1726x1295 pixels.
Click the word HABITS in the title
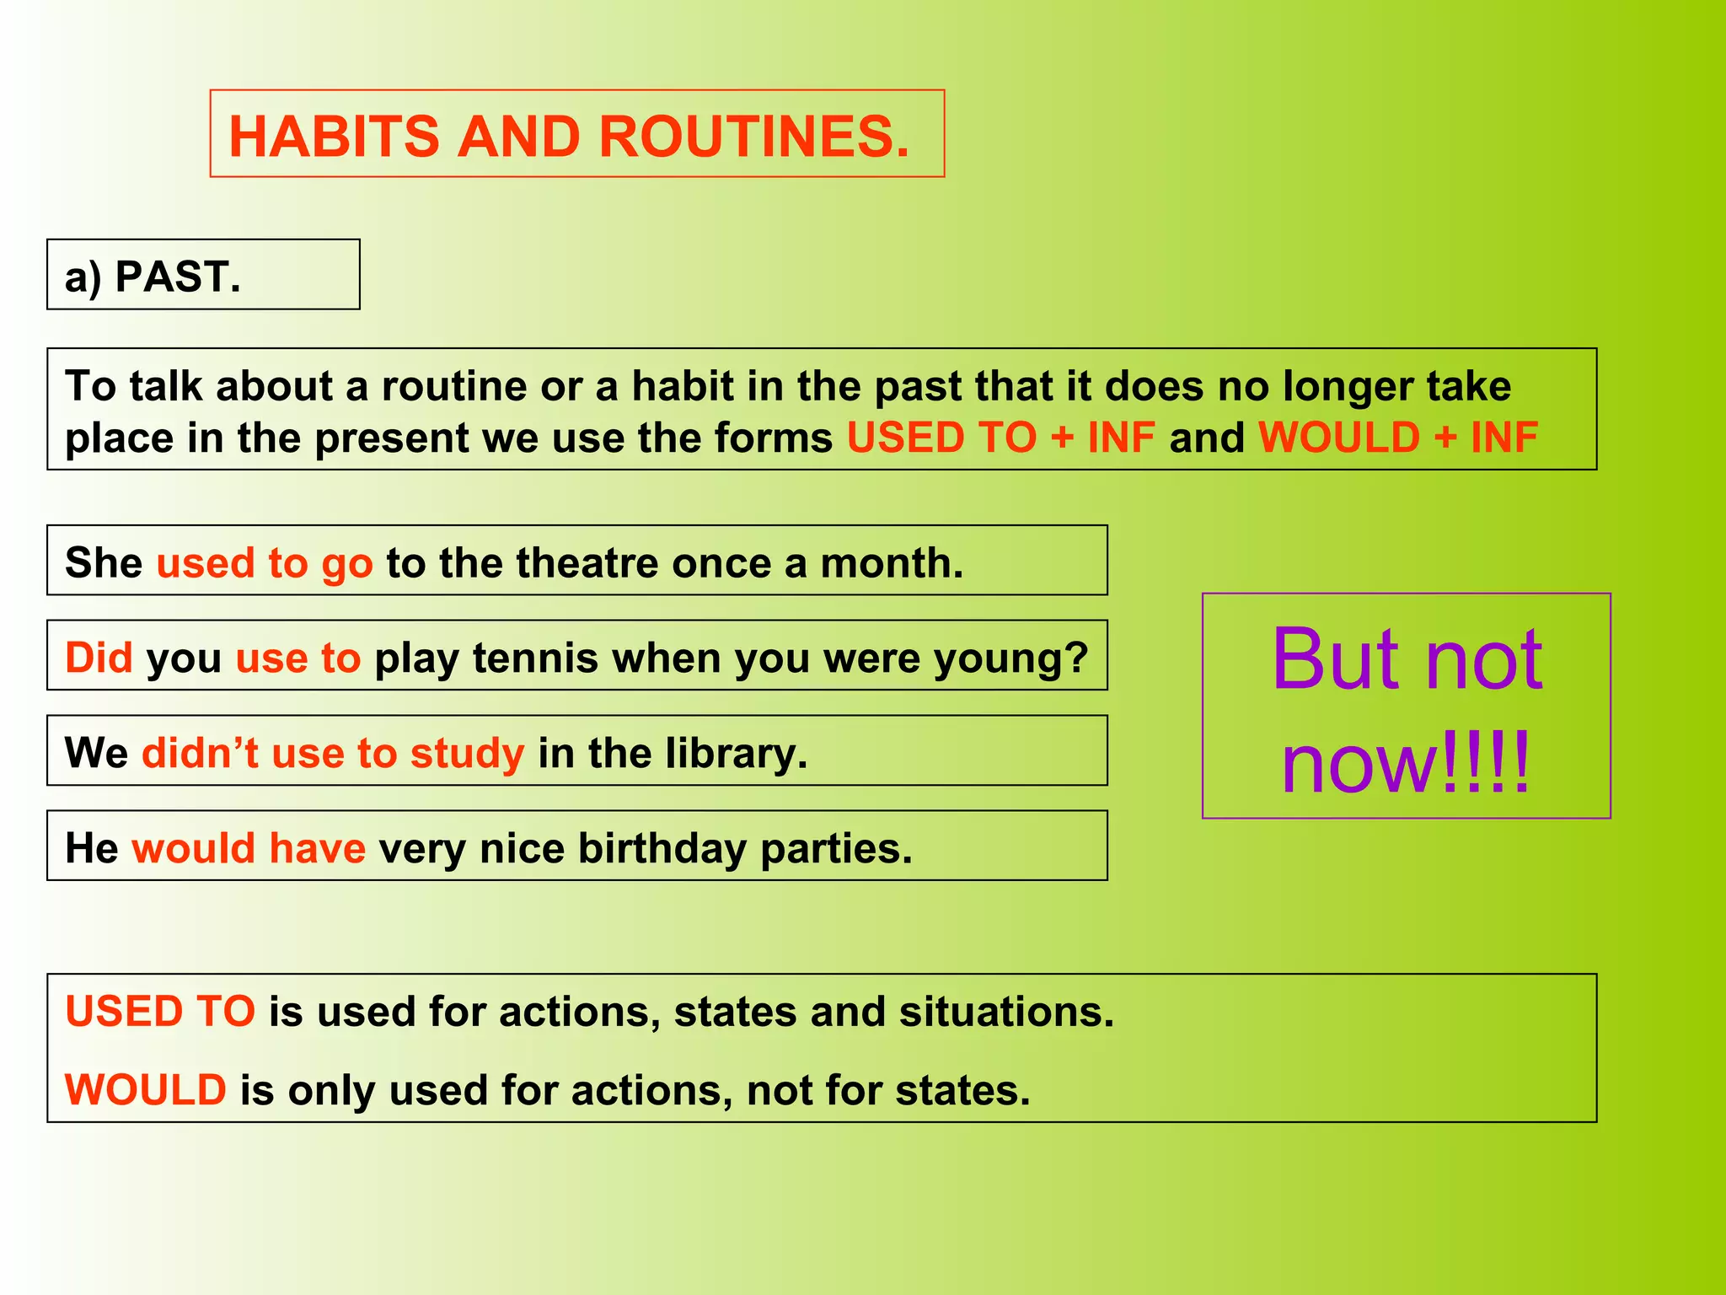pos(334,137)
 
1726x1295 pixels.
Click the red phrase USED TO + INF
pos(1000,438)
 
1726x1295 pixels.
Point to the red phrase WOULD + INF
pos(1397,438)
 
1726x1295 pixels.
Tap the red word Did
pos(99,658)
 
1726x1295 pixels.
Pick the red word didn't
pos(201,753)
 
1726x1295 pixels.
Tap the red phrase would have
pos(249,848)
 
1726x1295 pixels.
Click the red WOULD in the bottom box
pos(146,1089)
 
